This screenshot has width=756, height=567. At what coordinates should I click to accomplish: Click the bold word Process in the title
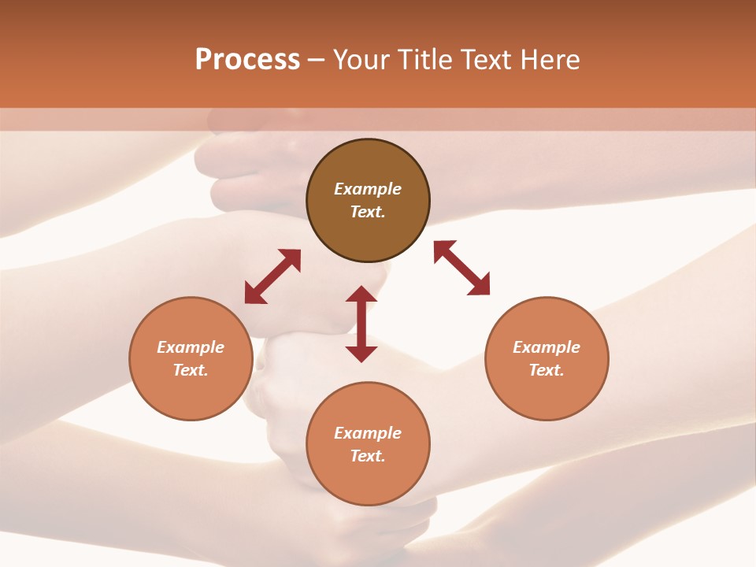pyautogui.click(x=247, y=60)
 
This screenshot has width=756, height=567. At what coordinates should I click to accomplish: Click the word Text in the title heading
pyautogui.click(x=487, y=60)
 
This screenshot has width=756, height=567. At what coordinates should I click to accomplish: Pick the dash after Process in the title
pyautogui.click(x=316, y=61)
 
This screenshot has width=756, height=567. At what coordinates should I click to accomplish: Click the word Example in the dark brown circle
pyautogui.click(x=368, y=189)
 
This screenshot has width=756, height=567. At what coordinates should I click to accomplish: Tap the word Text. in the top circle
pyautogui.click(x=368, y=212)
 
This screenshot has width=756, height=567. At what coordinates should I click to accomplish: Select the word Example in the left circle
pyautogui.click(x=191, y=347)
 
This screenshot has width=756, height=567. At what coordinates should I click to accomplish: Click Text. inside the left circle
pyautogui.click(x=191, y=370)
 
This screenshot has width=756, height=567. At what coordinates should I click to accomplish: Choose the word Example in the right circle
pyautogui.click(x=547, y=347)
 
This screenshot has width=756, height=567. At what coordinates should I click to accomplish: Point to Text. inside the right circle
pyautogui.click(x=547, y=370)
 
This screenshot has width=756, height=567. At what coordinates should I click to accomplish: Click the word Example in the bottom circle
pyautogui.click(x=368, y=433)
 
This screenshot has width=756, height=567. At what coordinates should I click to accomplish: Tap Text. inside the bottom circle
pyautogui.click(x=368, y=456)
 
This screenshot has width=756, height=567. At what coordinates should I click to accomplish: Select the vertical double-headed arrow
pyautogui.click(x=361, y=324)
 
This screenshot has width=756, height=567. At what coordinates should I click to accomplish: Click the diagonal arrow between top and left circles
pyautogui.click(x=272, y=276)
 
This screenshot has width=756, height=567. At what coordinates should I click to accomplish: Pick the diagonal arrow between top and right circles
pyautogui.click(x=461, y=268)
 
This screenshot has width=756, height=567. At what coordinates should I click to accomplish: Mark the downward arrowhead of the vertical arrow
pyautogui.click(x=361, y=354)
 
